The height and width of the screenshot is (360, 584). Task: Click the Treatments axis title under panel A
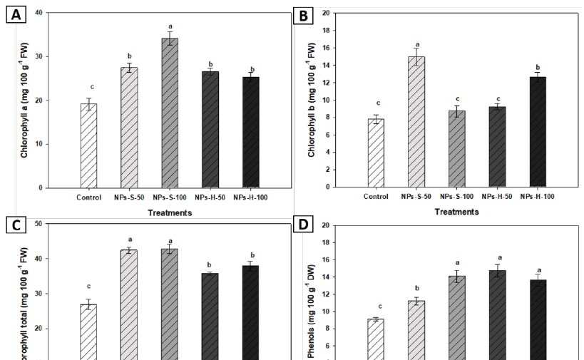pos(170,212)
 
